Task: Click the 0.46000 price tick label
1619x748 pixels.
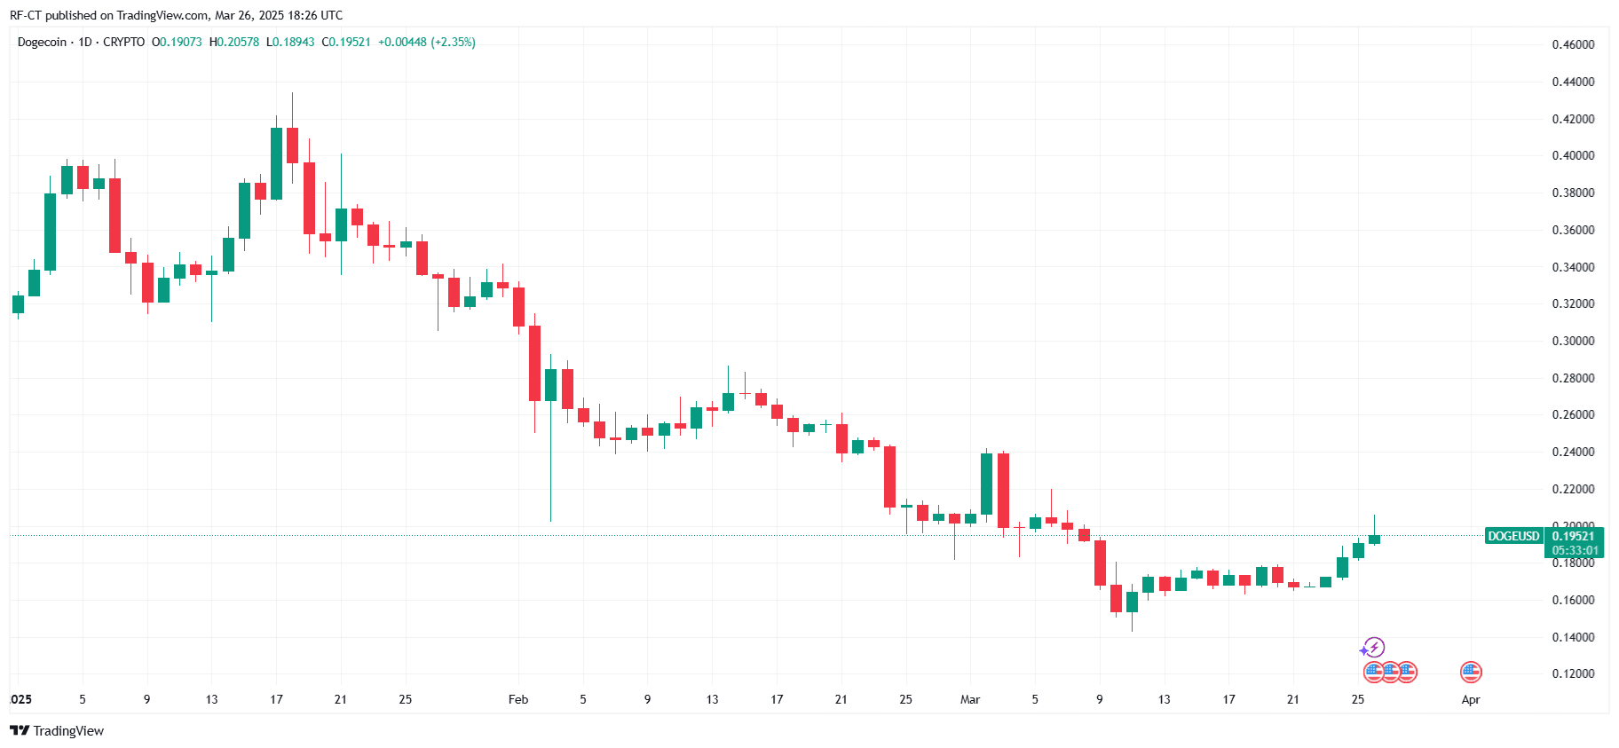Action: tap(1573, 44)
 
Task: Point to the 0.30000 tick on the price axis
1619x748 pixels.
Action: tap(1573, 341)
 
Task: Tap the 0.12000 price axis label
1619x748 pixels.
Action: tap(1573, 673)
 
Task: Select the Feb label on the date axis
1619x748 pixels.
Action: tap(518, 699)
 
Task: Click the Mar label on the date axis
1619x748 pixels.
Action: tap(970, 699)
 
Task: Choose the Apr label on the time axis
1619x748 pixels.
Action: tap(1471, 699)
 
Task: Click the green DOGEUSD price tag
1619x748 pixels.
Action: tap(1513, 536)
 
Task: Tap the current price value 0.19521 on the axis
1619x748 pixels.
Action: tap(1573, 536)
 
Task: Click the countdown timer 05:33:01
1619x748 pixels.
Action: tap(1575, 550)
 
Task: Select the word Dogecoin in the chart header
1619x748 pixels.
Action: tap(42, 42)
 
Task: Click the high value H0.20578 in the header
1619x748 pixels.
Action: tap(234, 42)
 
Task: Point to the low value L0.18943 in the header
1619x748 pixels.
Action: tap(290, 42)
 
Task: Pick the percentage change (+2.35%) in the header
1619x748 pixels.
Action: tap(453, 42)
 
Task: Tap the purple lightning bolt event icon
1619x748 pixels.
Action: tap(1374, 647)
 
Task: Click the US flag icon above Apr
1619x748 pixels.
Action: tap(1471, 672)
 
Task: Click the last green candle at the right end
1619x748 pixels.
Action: tap(1374, 539)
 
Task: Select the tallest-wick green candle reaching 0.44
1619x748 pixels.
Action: tap(276, 163)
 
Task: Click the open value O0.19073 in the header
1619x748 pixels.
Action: tap(177, 42)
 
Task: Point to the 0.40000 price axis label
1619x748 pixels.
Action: tap(1573, 155)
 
